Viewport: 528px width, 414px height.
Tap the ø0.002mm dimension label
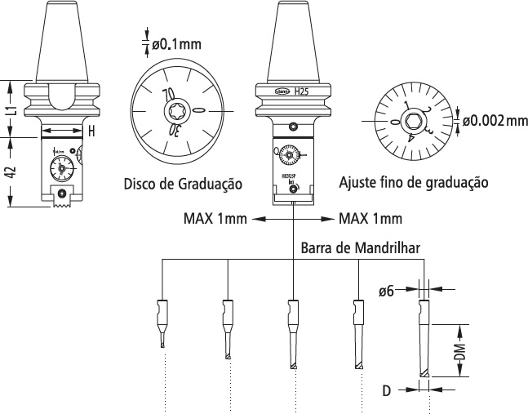click(495, 122)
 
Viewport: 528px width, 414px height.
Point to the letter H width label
click(92, 131)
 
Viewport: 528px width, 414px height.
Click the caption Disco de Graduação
click(182, 184)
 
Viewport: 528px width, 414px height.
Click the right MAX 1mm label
click(370, 219)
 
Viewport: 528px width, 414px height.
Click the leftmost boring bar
click(161, 322)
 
